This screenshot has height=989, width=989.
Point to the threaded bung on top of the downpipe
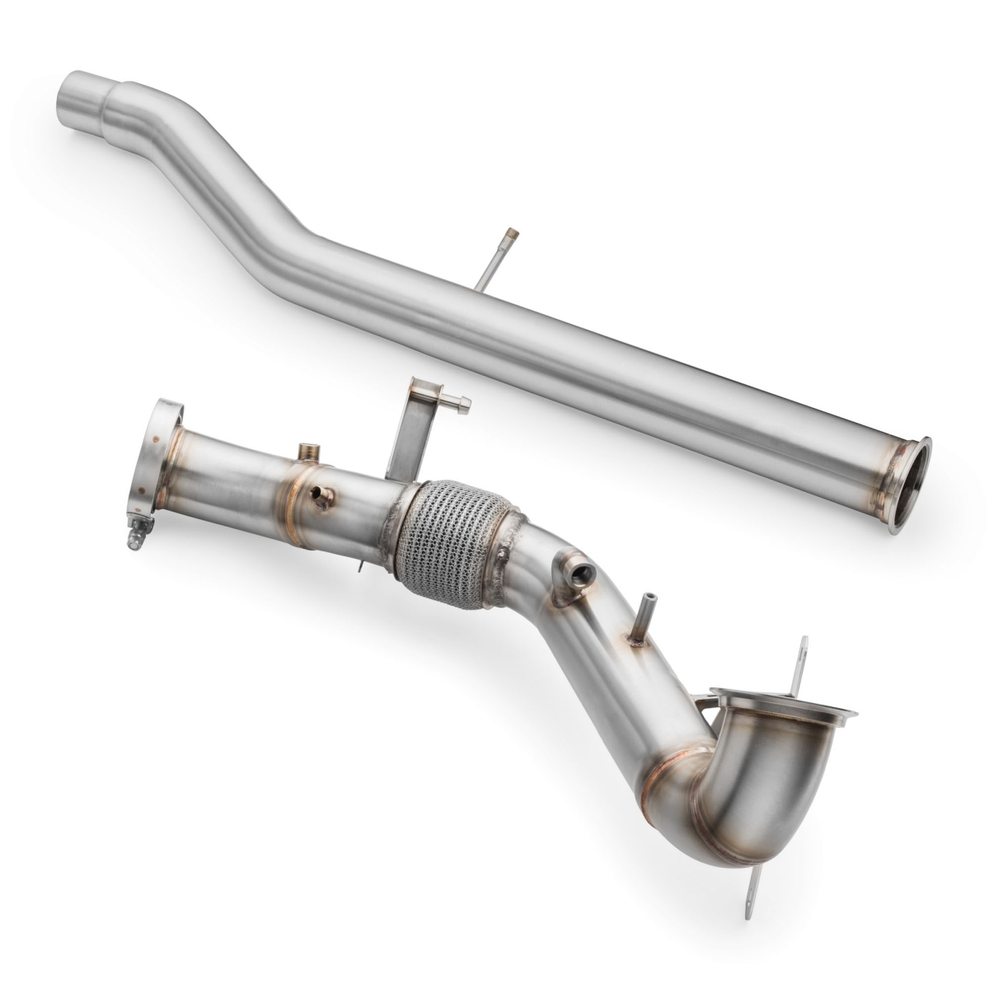[x=310, y=451]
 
